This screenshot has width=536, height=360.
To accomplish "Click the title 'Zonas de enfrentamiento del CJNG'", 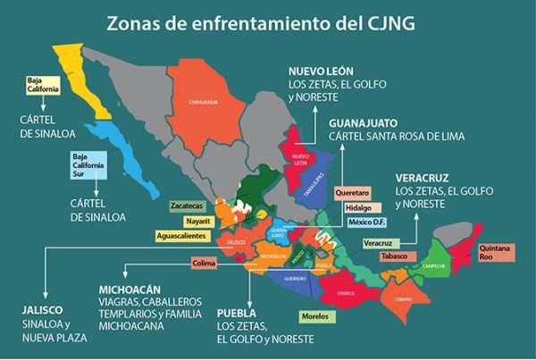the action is coord(268,20).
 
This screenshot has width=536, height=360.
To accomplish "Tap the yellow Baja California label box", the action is coord(42,86).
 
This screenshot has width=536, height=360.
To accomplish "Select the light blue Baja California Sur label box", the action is coord(88,167).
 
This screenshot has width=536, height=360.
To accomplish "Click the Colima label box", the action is coord(205,263).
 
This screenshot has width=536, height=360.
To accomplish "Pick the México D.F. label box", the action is coord(365,222).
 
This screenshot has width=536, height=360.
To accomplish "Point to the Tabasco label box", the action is coord(394,256).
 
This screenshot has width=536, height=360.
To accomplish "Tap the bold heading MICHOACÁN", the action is coord(130,291).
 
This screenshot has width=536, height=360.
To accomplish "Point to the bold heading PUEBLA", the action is coord(237,314).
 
